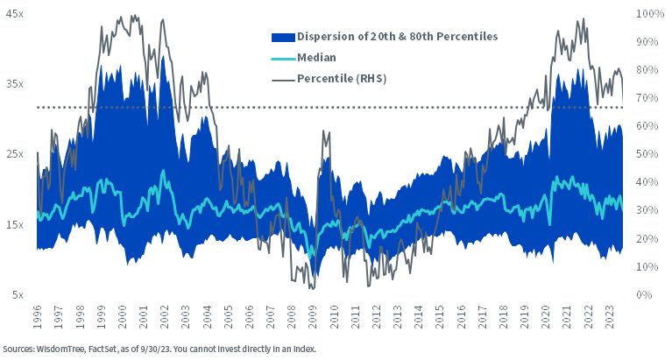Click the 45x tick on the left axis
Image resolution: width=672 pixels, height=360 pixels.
coord(15,14)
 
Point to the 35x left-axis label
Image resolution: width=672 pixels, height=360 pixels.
coord(15,84)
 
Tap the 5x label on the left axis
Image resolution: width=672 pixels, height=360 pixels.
coord(18,295)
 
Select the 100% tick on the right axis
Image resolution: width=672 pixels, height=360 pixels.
coord(650,14)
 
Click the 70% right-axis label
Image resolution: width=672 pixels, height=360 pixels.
coord(647,98)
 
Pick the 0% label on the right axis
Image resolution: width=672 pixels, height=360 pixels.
coord(644,295)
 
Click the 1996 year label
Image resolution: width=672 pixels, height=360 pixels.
coord(38,317)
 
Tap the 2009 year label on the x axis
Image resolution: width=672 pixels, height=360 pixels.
coord(313,317)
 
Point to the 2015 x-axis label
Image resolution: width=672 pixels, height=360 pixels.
coord(440,317)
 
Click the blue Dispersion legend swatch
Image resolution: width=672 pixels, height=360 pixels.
coord(283,38)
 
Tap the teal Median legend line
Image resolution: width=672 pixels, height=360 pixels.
coord(283,59)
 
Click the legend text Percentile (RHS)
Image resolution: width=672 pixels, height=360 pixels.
coord(342,79)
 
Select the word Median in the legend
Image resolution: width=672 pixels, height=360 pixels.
coord(316,58)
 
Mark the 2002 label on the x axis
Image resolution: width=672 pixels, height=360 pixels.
coord(164,317)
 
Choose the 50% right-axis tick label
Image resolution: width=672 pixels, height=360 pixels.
coord(647,154)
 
